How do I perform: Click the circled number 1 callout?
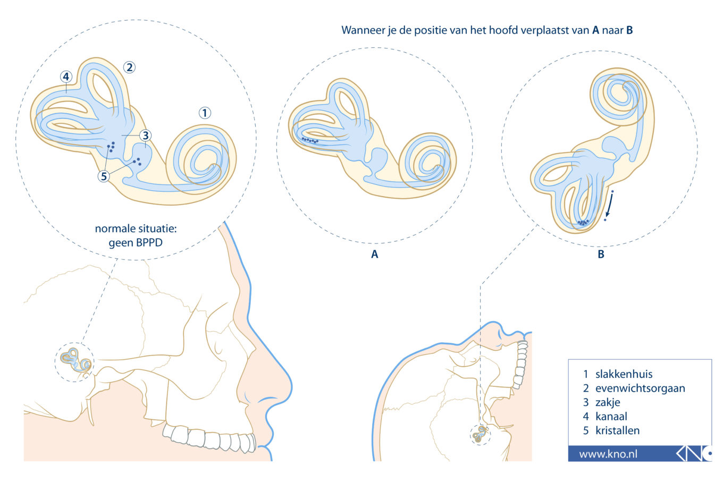(x=205, y=113)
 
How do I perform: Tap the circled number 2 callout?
(x=129, y=67)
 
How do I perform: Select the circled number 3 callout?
(x=145, y=136)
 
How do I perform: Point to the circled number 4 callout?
(x=66, y=77)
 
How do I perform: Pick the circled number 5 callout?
(x=104, y=176)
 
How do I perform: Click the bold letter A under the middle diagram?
(x=374, y=255)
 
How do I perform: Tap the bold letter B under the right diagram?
(x=601, y=255)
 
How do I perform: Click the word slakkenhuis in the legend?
(x=624, y=374)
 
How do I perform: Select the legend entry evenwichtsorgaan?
(x=640, y=388)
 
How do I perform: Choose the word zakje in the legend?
(x=608, y=402)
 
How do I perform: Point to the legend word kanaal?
(x=611, y=417)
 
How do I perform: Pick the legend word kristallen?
(x=617, y=430)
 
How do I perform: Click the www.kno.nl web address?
(x=608, y=454)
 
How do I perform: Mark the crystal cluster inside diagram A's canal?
(x=309, y=140)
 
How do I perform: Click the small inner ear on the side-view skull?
(x=74, y=361)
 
